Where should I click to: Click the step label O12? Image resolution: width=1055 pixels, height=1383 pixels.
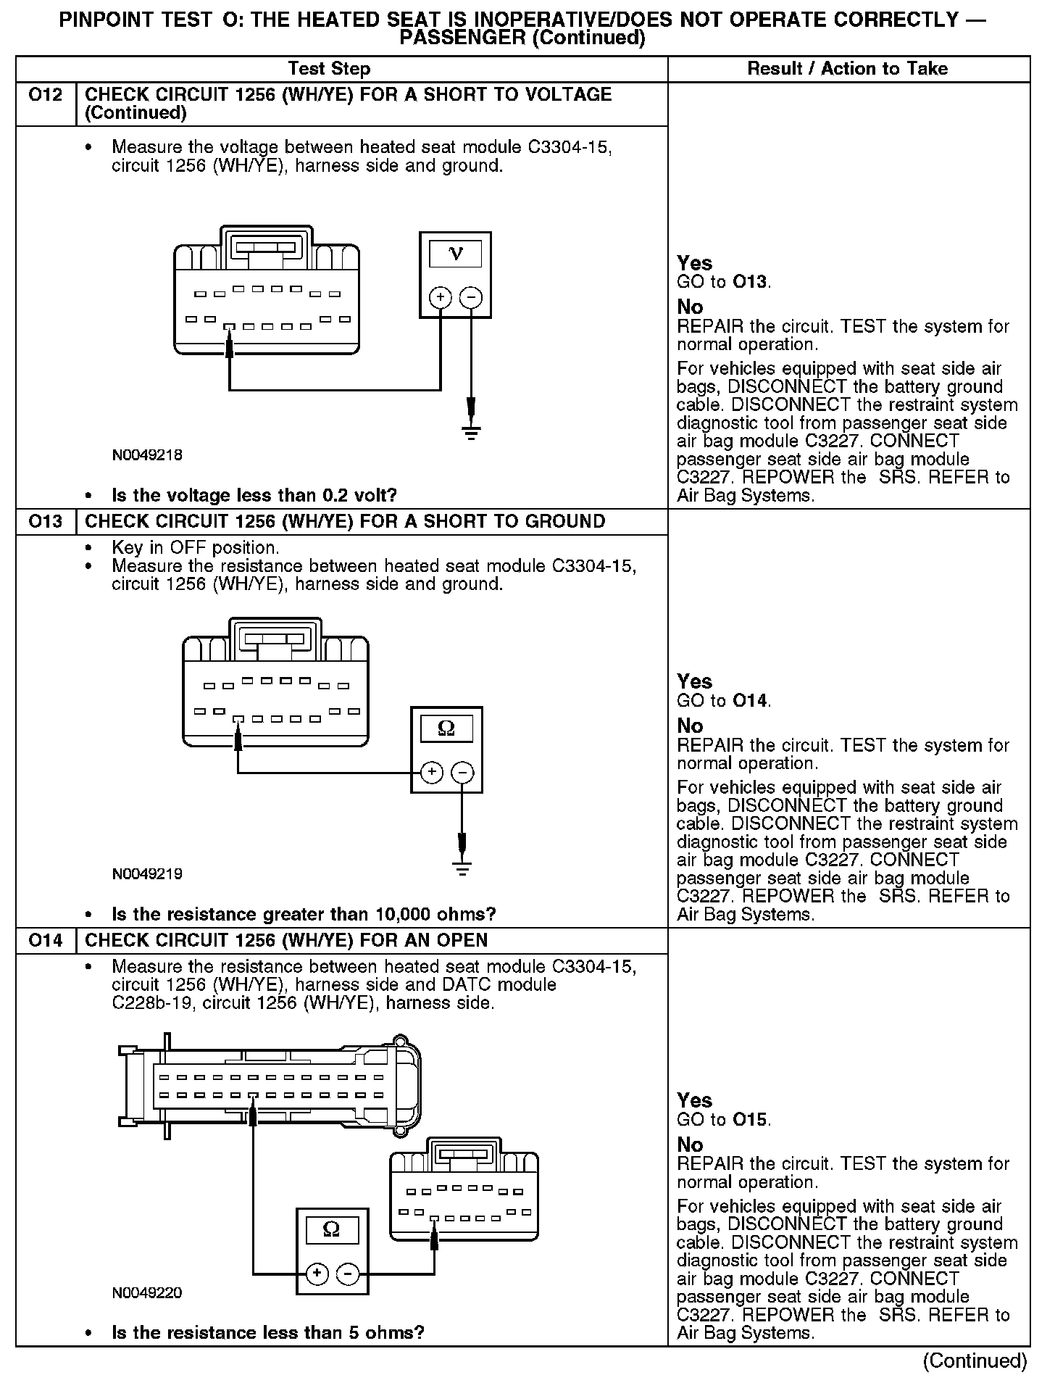pos(46,95)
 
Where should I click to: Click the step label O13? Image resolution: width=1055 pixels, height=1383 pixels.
pos(46,522)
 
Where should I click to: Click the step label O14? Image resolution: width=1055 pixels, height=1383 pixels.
pos(46,941)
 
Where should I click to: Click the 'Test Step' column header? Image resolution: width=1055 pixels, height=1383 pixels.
pos(329,69)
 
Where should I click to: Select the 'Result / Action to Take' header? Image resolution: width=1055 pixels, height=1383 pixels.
pos(847,69)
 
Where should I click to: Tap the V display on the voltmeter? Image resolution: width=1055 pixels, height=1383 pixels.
pos(456,254)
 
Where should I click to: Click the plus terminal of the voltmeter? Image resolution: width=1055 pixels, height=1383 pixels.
pos(441,297)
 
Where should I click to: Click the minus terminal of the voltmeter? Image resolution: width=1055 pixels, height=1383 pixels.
pos(471,297)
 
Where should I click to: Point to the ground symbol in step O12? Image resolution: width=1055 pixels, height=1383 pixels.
pos(471,433)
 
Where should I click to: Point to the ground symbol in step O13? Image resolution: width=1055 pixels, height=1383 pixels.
pos(462,867)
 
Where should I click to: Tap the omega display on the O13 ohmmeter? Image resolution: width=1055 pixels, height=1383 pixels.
pos(446,728)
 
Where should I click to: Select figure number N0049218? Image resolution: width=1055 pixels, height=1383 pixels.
pos(147,455)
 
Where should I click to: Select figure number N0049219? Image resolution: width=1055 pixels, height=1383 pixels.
pos(147,874)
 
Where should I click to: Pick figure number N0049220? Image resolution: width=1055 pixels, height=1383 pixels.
pos(147,1293)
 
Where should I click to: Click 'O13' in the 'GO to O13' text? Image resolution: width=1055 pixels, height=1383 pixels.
pos(750,282)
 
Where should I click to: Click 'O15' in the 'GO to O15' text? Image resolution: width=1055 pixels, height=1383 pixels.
pos(750,1120)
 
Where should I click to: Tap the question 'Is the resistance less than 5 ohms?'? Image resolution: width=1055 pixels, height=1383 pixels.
pos(267,1333)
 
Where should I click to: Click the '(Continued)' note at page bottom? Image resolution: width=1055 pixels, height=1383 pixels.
pos(975,1361)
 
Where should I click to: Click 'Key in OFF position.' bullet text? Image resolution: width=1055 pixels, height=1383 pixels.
pos(196,548)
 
